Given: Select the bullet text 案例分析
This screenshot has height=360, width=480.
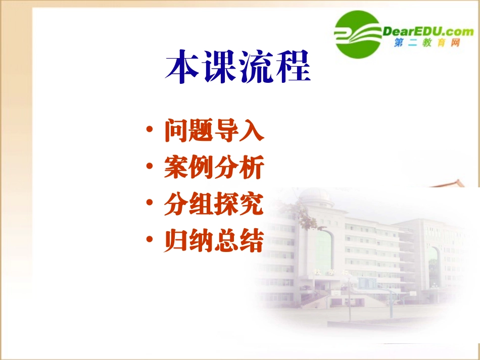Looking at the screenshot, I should coord(214,168).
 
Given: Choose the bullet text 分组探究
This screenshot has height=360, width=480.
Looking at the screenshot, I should coord(214,205).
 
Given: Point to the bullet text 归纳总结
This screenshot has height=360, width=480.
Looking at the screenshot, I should coord(214,242).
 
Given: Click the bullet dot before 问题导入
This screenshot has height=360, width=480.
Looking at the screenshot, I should coord(149,131).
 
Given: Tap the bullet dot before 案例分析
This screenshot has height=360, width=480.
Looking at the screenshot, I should coord(149,168).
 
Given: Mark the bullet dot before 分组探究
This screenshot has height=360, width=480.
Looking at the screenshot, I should coord(149,204).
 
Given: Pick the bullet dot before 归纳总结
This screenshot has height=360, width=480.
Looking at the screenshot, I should coord(149,241).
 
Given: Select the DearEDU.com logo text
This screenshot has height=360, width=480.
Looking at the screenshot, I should coord(428,31).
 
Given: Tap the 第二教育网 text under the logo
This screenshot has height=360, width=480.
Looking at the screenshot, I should coord(427,44).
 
